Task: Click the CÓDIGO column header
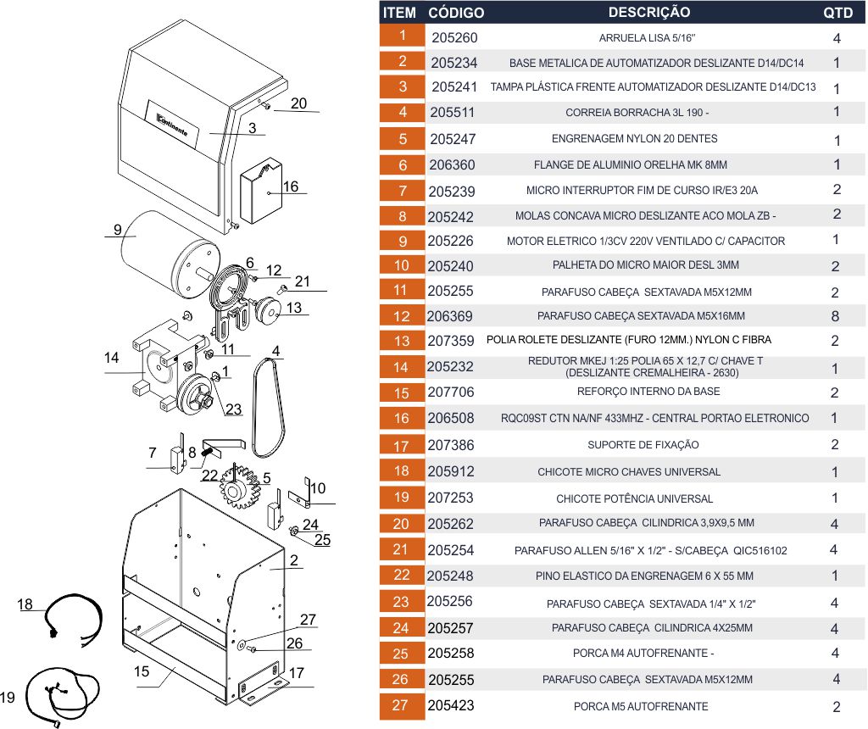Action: [456, 13]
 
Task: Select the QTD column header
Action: [837, 13]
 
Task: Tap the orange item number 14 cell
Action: [402, 367]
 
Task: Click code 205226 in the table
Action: [451, 241]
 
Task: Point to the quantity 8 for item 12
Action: [836, 316]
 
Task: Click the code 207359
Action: [451, 341]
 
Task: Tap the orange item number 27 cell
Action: [402, 705]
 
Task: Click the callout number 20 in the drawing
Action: [298, 103]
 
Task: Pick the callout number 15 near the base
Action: [142, 671]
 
